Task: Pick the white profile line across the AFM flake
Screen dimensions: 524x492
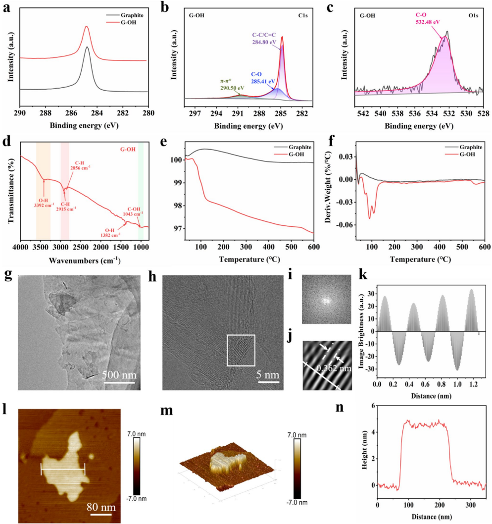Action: click(x=63, y=469)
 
